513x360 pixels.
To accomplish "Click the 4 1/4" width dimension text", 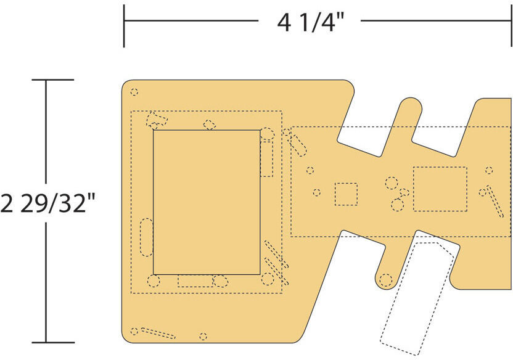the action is (x=311, y=22).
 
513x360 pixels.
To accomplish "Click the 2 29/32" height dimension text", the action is (x=48, y=203).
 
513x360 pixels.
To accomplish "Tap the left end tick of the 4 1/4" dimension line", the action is (x=124, y=26).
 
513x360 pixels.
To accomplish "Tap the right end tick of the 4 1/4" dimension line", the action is (x=511, y=26).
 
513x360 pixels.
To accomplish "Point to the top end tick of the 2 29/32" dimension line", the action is (x=52, y=80).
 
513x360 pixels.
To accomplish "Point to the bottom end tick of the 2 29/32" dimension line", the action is (x=52, y=342).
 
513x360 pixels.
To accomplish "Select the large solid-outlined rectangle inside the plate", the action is (x=207, y=202).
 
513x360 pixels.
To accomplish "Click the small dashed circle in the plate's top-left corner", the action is (x=134, y=92).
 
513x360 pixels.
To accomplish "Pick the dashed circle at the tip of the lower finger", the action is (x=386, y=280).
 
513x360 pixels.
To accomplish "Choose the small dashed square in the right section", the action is (x=346, y=194).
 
